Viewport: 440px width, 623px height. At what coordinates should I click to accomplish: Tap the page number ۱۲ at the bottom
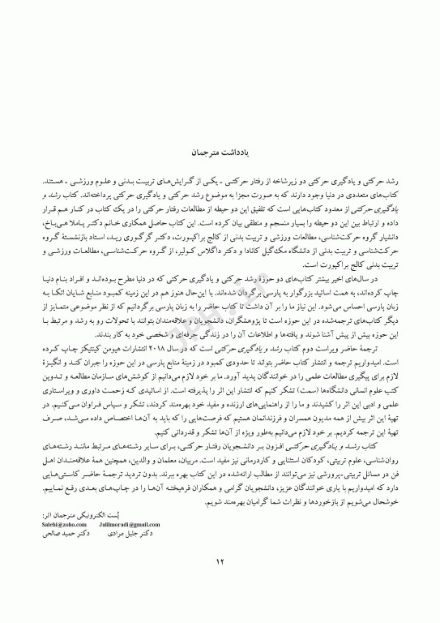[219, 582]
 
